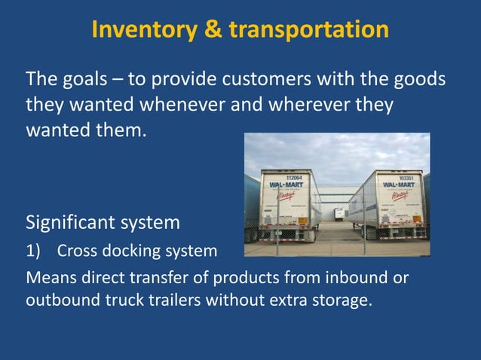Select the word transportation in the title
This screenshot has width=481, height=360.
coord(309,29)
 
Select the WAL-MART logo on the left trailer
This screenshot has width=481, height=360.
coord(285,185)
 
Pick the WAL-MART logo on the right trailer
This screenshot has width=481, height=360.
coord(396,185)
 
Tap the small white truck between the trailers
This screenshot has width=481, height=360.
coord(339,213)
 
